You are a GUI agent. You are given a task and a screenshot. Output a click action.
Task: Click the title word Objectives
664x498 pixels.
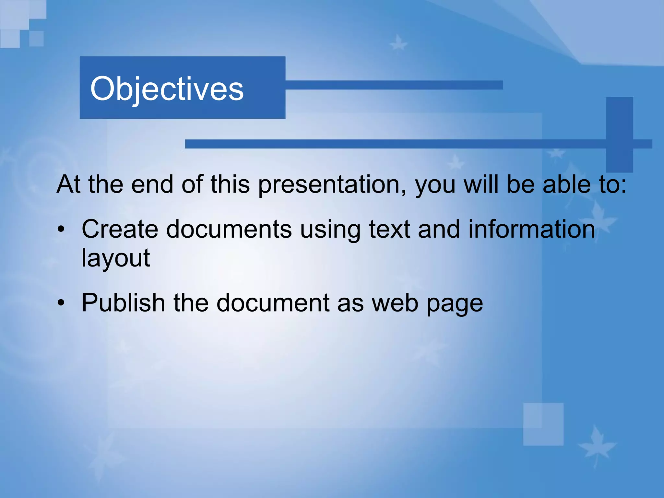click(x=167, y=89)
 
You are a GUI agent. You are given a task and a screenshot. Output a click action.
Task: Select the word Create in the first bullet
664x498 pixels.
click(x=120, y=229)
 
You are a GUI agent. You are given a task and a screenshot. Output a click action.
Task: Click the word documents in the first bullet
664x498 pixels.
click(x=229, y=229)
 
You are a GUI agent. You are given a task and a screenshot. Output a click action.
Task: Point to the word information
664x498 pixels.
click(x=532, y=229)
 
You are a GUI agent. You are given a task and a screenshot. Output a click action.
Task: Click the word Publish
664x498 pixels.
click(x=123, y=303)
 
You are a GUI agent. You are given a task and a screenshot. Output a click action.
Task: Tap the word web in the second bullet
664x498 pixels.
click(x=395, y=303)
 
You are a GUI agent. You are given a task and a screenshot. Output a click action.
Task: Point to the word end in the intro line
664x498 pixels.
click(x=152, y=184)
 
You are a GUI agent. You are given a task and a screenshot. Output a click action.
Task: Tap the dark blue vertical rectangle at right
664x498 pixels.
click(x=619, y=134)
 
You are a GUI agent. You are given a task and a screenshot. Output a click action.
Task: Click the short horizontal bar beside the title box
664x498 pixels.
click(x=394, y=85)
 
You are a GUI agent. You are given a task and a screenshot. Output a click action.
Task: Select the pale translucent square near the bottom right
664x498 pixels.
click(x=543, y=424)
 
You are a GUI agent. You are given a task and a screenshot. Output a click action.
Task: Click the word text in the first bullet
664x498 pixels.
click(x=389, y=229)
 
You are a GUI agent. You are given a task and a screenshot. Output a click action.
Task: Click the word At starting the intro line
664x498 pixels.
click(x=68, y=184)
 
